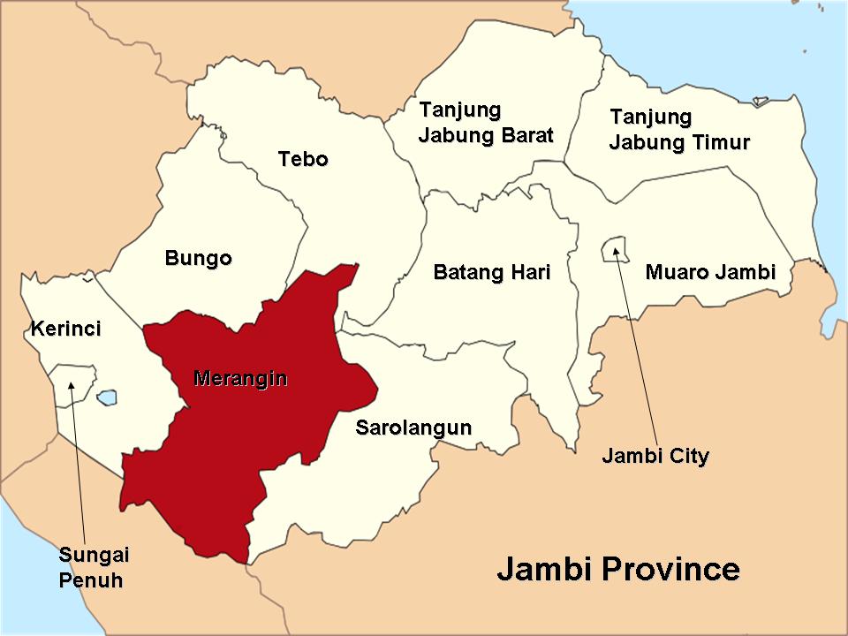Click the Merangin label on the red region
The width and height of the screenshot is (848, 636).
240,379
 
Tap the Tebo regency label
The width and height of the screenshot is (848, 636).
303,159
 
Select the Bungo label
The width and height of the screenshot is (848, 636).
199,258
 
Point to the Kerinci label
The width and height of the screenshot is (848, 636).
66,329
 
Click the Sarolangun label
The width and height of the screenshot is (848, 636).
413,428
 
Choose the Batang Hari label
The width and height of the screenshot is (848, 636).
492,272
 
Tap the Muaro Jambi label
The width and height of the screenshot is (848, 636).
710,272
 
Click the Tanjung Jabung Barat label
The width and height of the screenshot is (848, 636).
486,123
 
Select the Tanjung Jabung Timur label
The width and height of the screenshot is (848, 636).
679,130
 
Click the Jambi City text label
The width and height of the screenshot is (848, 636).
655,456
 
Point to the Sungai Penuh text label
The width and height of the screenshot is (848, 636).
93,567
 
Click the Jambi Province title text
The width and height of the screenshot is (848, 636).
618,569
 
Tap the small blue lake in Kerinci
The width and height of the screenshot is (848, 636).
107,397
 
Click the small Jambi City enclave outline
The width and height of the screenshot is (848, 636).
614,249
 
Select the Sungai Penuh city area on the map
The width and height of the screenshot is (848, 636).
72,382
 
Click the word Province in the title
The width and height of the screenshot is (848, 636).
670,569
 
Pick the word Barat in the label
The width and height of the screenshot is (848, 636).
524,135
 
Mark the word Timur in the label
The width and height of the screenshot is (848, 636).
721,142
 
